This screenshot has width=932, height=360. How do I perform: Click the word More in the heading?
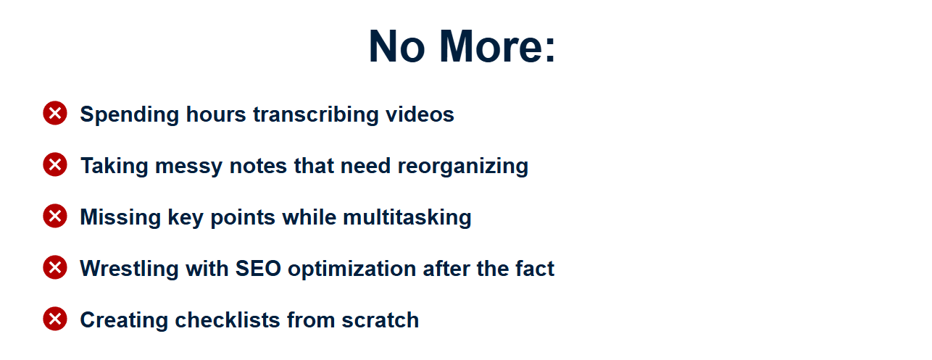497,46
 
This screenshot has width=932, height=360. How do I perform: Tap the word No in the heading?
397,46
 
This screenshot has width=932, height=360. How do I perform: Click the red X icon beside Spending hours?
55,113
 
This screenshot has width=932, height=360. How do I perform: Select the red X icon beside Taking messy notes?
55,164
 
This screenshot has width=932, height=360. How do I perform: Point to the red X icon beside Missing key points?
55,216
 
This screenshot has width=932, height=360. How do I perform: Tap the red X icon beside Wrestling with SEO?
55,267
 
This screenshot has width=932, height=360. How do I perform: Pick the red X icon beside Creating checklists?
55,319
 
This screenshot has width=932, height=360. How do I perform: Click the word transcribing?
316,114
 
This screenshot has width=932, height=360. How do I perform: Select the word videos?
420,114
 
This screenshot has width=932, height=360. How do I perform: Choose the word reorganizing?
463,167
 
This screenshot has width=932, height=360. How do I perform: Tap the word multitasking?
407,218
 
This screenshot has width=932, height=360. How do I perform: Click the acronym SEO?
259,269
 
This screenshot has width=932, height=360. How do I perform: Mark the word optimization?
352,269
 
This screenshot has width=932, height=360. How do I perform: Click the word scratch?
380,320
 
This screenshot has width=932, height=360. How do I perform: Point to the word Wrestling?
130,269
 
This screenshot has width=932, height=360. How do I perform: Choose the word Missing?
120,218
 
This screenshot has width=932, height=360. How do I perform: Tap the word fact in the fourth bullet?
535,269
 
